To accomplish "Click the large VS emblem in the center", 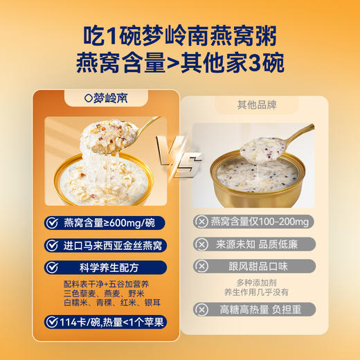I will [179, 150].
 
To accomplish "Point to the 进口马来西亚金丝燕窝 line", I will [114, 245].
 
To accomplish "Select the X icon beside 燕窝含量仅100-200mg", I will [201, 222].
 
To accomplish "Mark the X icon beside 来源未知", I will [201, 244].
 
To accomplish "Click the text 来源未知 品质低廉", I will [258, 244].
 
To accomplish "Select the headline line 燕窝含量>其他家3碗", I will [179, 64].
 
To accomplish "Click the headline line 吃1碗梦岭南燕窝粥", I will [179, 33].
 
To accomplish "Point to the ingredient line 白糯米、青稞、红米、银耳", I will [104, 303].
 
